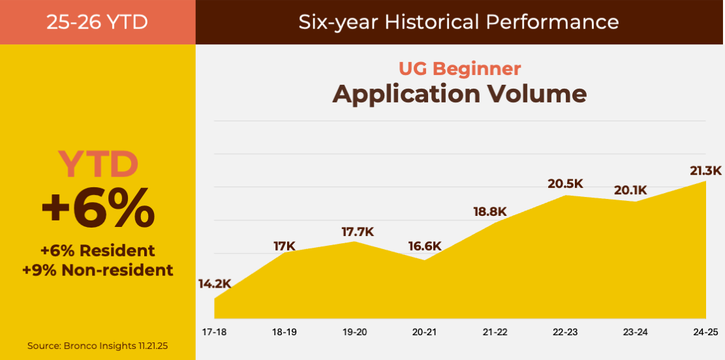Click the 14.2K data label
click(x=215, y=284)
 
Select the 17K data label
click(x=285, y=246)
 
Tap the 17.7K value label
click(x=358, y=232)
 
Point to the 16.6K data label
click(x=425, y=246)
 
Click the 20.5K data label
click(x=565, y=184)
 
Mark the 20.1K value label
click(x=630, y=190)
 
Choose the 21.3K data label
click(x=705, y=171)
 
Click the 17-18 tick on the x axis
click(x=213, y=332)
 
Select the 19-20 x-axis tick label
click(x=354, y=332)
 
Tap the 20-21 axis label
click(x=424, y=332)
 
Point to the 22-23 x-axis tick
click(x=565, y=332)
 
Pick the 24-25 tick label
click(x=705, y=332)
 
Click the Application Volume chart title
click(x=459, y=94)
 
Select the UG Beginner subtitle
click(x=459, y=68)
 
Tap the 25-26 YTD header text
click(x=97, y=22)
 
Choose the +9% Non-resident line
click(x=98, y=270)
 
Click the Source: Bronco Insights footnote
click(x=97, y=345)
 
